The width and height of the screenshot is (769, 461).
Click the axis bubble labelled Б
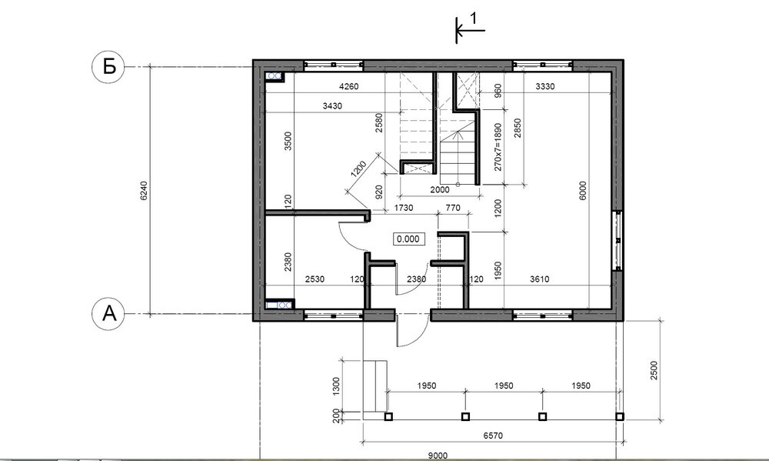coord(108,66)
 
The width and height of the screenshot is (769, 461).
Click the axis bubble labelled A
coord(108,313)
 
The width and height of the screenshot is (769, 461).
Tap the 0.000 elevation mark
coord(408,239)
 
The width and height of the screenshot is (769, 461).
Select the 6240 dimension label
coord(143,191)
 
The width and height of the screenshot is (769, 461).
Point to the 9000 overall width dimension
coord(438,456)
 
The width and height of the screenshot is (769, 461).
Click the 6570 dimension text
coord(493,436)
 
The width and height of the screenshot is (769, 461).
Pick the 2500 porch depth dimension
coord(654,371)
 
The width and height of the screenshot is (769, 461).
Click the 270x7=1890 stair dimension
coord(498,147)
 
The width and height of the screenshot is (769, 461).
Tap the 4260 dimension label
coord(348,86)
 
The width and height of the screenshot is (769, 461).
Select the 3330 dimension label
coord(545,86)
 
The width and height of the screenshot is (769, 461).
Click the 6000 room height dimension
coord(583,191)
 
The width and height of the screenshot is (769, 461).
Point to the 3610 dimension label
coord(540,279)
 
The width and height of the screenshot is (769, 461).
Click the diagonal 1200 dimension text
coord(359,169)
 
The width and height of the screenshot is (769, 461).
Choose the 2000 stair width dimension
coord(439,189)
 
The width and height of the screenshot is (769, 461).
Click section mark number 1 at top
coord(473,18)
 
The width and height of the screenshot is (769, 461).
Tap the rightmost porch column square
coord(619,417)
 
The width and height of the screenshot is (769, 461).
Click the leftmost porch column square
coord(388,417)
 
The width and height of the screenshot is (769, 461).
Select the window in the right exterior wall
coord(618,241)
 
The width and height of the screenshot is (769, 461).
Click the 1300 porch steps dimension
coord(336,386)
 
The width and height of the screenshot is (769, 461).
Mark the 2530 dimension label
coord(315,279)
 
